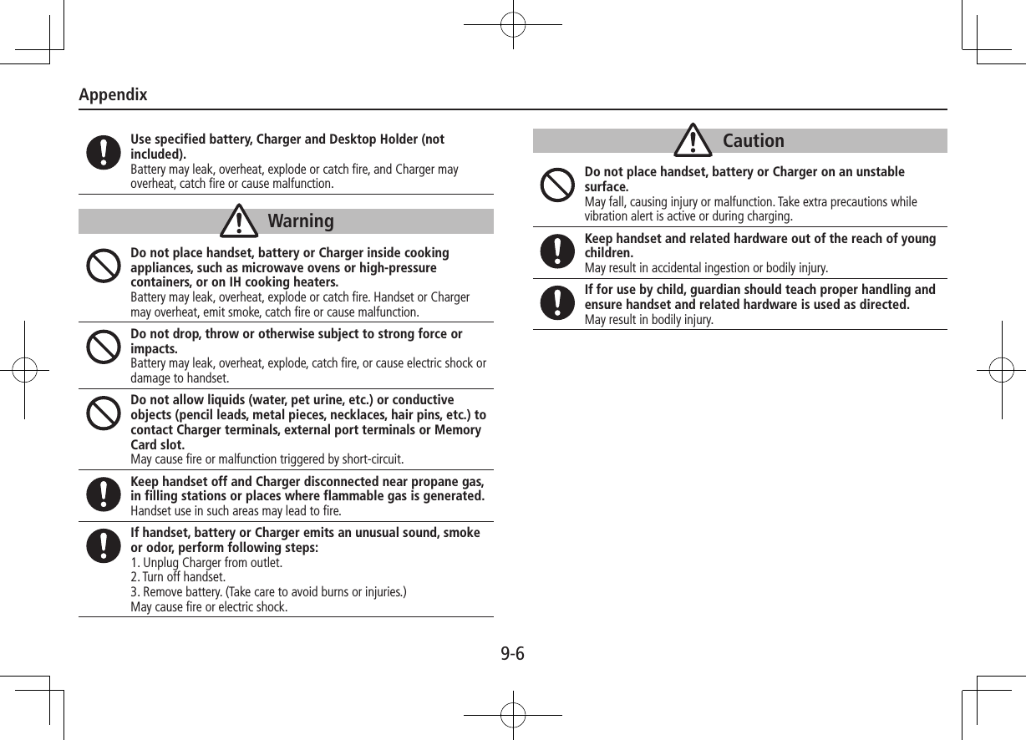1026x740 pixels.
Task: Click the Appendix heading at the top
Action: tap(113, 94)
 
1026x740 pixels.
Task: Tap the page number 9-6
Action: tap(512, 653)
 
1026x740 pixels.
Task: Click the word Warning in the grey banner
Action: tap(301, 221)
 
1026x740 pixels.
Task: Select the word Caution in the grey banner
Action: tap(753, 141)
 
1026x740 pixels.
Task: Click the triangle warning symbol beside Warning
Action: tap(242, 221)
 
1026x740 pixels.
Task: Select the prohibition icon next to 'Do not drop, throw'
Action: tap(103, 347)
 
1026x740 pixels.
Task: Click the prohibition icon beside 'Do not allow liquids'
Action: tap(103, 413)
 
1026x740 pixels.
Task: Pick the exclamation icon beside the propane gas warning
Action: tap(103, 494)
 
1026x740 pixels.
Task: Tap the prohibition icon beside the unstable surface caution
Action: tap(556, 185)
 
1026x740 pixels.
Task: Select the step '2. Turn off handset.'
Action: tap(178, 577)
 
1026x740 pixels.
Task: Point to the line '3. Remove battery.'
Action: tap(268, 592)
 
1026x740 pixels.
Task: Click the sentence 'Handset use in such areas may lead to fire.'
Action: tap(236, 511)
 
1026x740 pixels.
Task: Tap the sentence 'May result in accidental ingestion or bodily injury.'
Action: tap(706, 268)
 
